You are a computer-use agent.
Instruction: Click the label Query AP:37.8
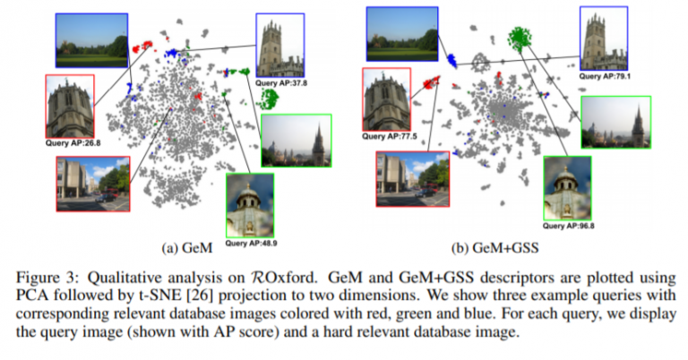click(281, 83)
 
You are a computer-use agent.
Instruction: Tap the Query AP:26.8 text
click(73, 143)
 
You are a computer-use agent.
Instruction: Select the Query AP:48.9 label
click(251, 243)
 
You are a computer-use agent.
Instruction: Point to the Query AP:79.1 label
click(605, 76)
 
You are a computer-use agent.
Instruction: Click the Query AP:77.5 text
click(389, 136)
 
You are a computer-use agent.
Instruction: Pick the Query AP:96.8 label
click(568, 226)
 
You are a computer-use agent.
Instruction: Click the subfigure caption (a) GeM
click(187, 248)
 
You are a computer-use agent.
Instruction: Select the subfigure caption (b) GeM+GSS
click(494, 248)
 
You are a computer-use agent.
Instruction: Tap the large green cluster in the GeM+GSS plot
click(520, 37)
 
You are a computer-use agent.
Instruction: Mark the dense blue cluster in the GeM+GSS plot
click(451, 61)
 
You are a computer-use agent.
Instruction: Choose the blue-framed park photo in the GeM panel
click(91, 40)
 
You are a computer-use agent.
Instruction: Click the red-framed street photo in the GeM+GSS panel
click(413, 179)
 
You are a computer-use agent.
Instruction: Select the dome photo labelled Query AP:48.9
click(250, 206)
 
